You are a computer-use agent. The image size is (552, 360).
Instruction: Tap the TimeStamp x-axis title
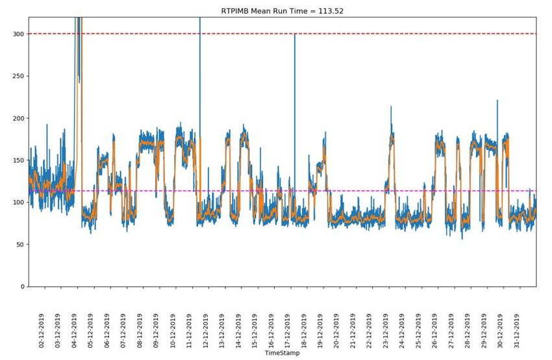click(282, 354)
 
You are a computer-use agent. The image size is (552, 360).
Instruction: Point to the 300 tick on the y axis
click(18, 34)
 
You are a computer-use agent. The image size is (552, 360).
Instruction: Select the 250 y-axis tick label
click(18, 76)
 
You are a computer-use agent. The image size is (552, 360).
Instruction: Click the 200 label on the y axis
click(18, 118)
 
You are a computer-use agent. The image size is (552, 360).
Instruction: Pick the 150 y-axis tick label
click(18, 161)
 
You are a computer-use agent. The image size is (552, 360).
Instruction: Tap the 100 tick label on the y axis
click(18, 203)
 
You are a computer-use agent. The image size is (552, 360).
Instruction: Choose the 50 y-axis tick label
click(20, 245)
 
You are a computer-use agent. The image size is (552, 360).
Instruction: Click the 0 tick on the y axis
click(22, 287)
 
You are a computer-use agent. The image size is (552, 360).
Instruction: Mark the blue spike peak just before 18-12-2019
click(294, 34)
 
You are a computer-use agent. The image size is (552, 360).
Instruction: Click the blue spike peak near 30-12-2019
click(497, 101)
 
